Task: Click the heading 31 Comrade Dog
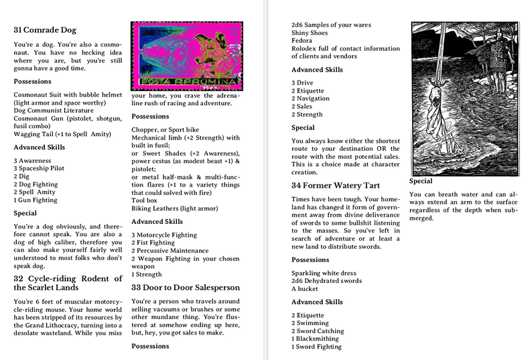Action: point(45,30)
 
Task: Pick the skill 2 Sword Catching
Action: point(318,331)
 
